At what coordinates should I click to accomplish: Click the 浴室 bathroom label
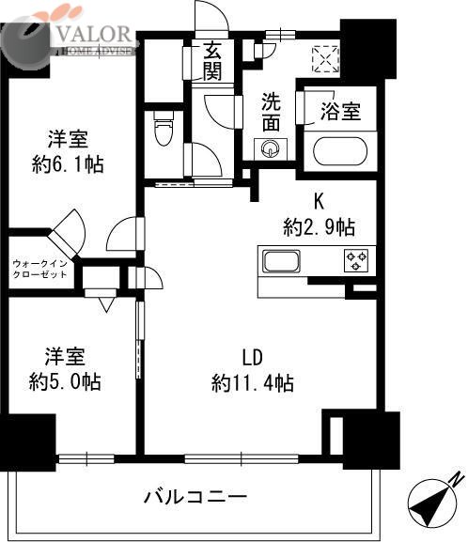[x=340, y=111]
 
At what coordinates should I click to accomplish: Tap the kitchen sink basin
[x=280, y=260]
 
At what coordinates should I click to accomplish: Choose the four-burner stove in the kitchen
[x=357, y=259]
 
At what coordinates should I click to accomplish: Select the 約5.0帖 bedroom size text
[x=65, y=382]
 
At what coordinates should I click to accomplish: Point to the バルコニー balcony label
[x=195, y=495]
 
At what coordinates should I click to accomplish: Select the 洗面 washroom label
[x=272, y=110]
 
